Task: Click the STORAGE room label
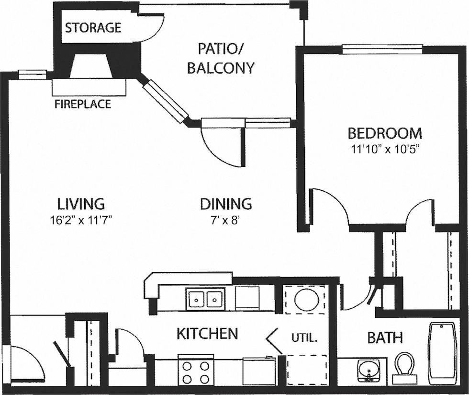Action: [93, 27]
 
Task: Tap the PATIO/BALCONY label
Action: [220, 58]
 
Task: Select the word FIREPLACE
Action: [83, 104]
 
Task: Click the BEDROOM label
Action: [385, 133]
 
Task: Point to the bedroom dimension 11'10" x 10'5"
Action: [385, 148]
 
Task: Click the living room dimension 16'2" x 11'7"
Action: [80, 220]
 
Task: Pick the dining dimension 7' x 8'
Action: [226, 220]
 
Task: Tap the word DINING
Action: [226, 204]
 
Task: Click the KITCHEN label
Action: [207, 334]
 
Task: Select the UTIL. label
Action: [304, 337]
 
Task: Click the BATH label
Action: [385, 337]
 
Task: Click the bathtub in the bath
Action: [443, 352]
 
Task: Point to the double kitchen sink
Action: [204, 299]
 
